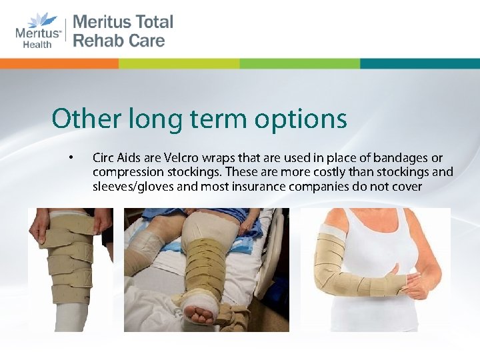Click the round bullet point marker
click(x=69, y=158)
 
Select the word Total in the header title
click(x=151, y=21)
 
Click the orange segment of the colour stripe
click(x=60, y=63)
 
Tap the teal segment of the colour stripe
click(x=419, y=63)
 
